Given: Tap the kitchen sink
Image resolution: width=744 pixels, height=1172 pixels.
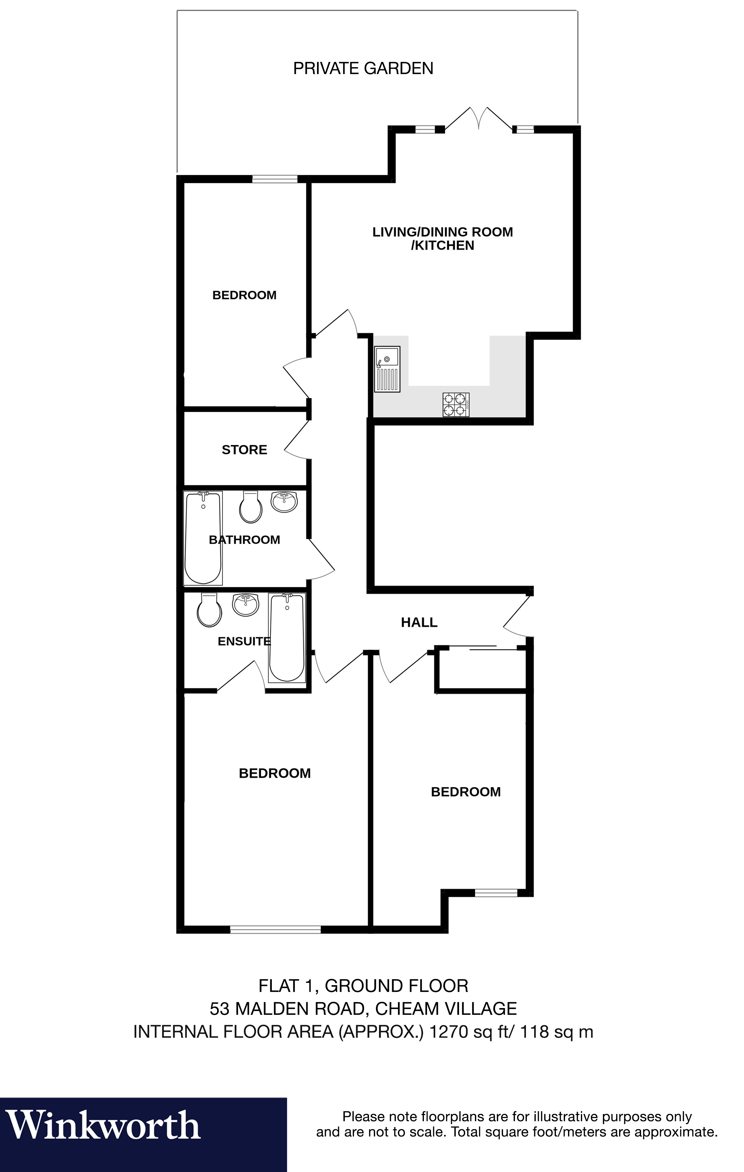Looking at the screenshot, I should (x=387, y=368).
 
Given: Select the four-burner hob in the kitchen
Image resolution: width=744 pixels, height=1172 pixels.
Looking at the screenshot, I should (x=456, y=405).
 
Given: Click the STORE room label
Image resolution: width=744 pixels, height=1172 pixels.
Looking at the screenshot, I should (x=244, y=450).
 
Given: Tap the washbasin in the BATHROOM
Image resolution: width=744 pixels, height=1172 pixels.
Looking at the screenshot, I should (x=284, y=502).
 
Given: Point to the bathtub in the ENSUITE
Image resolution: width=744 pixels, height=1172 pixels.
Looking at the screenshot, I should (x=287, y=637).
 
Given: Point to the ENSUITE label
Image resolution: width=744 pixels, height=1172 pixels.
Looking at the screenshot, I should (x=243, y=641).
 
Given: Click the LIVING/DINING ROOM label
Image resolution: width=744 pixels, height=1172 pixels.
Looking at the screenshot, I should (x=442, y=232).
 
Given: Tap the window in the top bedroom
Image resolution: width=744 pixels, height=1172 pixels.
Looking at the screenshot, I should (x=275, y=179).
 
